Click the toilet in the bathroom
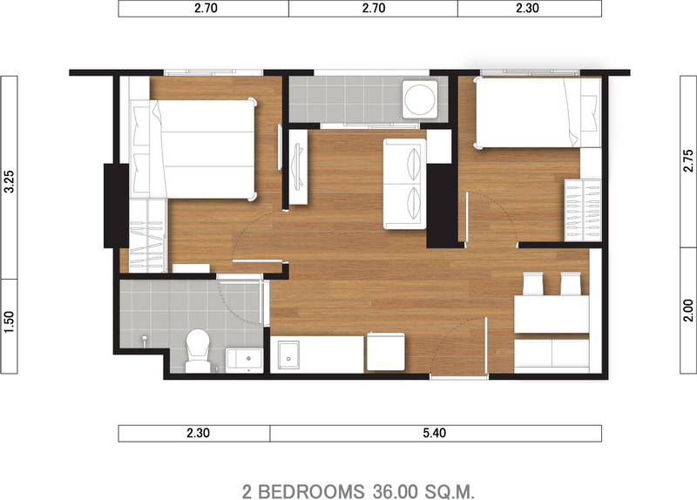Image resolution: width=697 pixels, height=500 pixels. pyautogui.click(x=198, y=351)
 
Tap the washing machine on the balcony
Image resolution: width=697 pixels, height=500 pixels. pyautogui.click(x=420, y=98)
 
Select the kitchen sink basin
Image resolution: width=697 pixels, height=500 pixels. pyautogui.click(x=288, y=355)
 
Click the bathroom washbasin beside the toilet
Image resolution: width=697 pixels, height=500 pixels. pyautogui.click(x=245, y=361)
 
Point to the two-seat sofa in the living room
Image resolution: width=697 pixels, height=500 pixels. pyautogui.click(x=405, y=184)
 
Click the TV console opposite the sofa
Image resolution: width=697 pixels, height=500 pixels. pyautogui.click(x=298, y=167)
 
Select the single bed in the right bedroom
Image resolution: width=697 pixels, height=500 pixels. pyautogui.click(x=538, y=112)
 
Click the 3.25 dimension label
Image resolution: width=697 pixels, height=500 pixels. pyautogui.click(x=10, y=182)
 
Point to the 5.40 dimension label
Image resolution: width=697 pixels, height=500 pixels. pyautogui.click(x=434, y=433)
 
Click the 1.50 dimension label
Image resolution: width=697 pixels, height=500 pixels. pyautogui.click(x=10, y=321)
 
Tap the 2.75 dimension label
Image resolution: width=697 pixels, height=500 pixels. pyautogui.click(x=688, y=160)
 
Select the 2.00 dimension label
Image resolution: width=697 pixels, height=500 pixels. pyautogui.click(x=688, y=310)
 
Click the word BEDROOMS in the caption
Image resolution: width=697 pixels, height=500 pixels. pyautogui.click(x=311, y=491)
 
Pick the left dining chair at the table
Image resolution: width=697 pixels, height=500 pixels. pyautogui.click(x=533, y=284)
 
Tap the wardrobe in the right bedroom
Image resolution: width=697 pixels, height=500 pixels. pyautogui.click(x=583, y=210)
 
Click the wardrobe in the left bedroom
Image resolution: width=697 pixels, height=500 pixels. pyautogui.click(x=147, y=235)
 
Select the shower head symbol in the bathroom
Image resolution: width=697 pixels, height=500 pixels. pyautogui.click(x=145, y=341)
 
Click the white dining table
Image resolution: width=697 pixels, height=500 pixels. pyautogui.click(x=552, y=314)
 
